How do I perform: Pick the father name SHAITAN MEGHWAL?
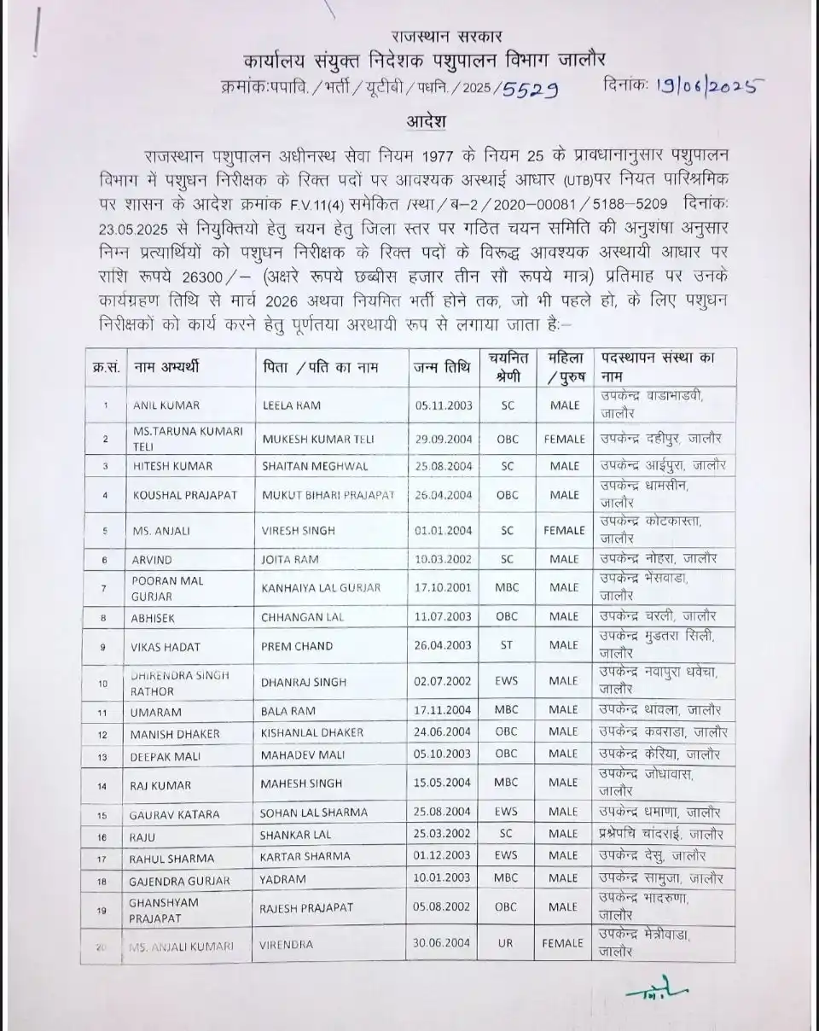click(x=304, y=466)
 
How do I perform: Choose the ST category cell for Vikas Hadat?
click(x=508, y=646)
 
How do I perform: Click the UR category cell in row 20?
click(x=508, y=944)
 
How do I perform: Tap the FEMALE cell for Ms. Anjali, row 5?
click(x=564, y=530)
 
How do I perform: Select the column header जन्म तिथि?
click(x=442, y=368)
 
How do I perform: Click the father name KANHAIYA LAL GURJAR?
click(x=320, y=588)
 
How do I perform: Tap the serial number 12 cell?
click(x=103, y=734)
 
